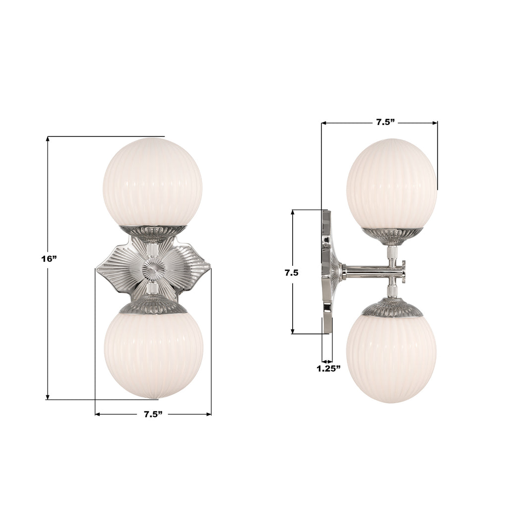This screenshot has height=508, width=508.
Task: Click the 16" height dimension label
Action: pos(49,258)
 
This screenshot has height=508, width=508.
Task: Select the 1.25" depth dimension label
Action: pos(329,368)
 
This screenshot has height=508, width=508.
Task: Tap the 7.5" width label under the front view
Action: pos(153,414)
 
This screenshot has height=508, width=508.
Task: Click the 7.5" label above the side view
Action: pos(385,123)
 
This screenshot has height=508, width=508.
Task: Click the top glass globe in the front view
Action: pos(152,182)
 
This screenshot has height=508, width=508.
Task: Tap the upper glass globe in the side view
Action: pos(391,184)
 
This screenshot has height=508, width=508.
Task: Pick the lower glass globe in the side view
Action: pos(391,358)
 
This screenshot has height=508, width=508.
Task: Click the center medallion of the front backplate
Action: pos(153,269)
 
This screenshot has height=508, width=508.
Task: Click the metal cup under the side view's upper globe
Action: pos(392,234)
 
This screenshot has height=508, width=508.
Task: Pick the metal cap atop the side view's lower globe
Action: pos(392,309)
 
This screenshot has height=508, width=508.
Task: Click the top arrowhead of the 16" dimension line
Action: pos(48,139)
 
